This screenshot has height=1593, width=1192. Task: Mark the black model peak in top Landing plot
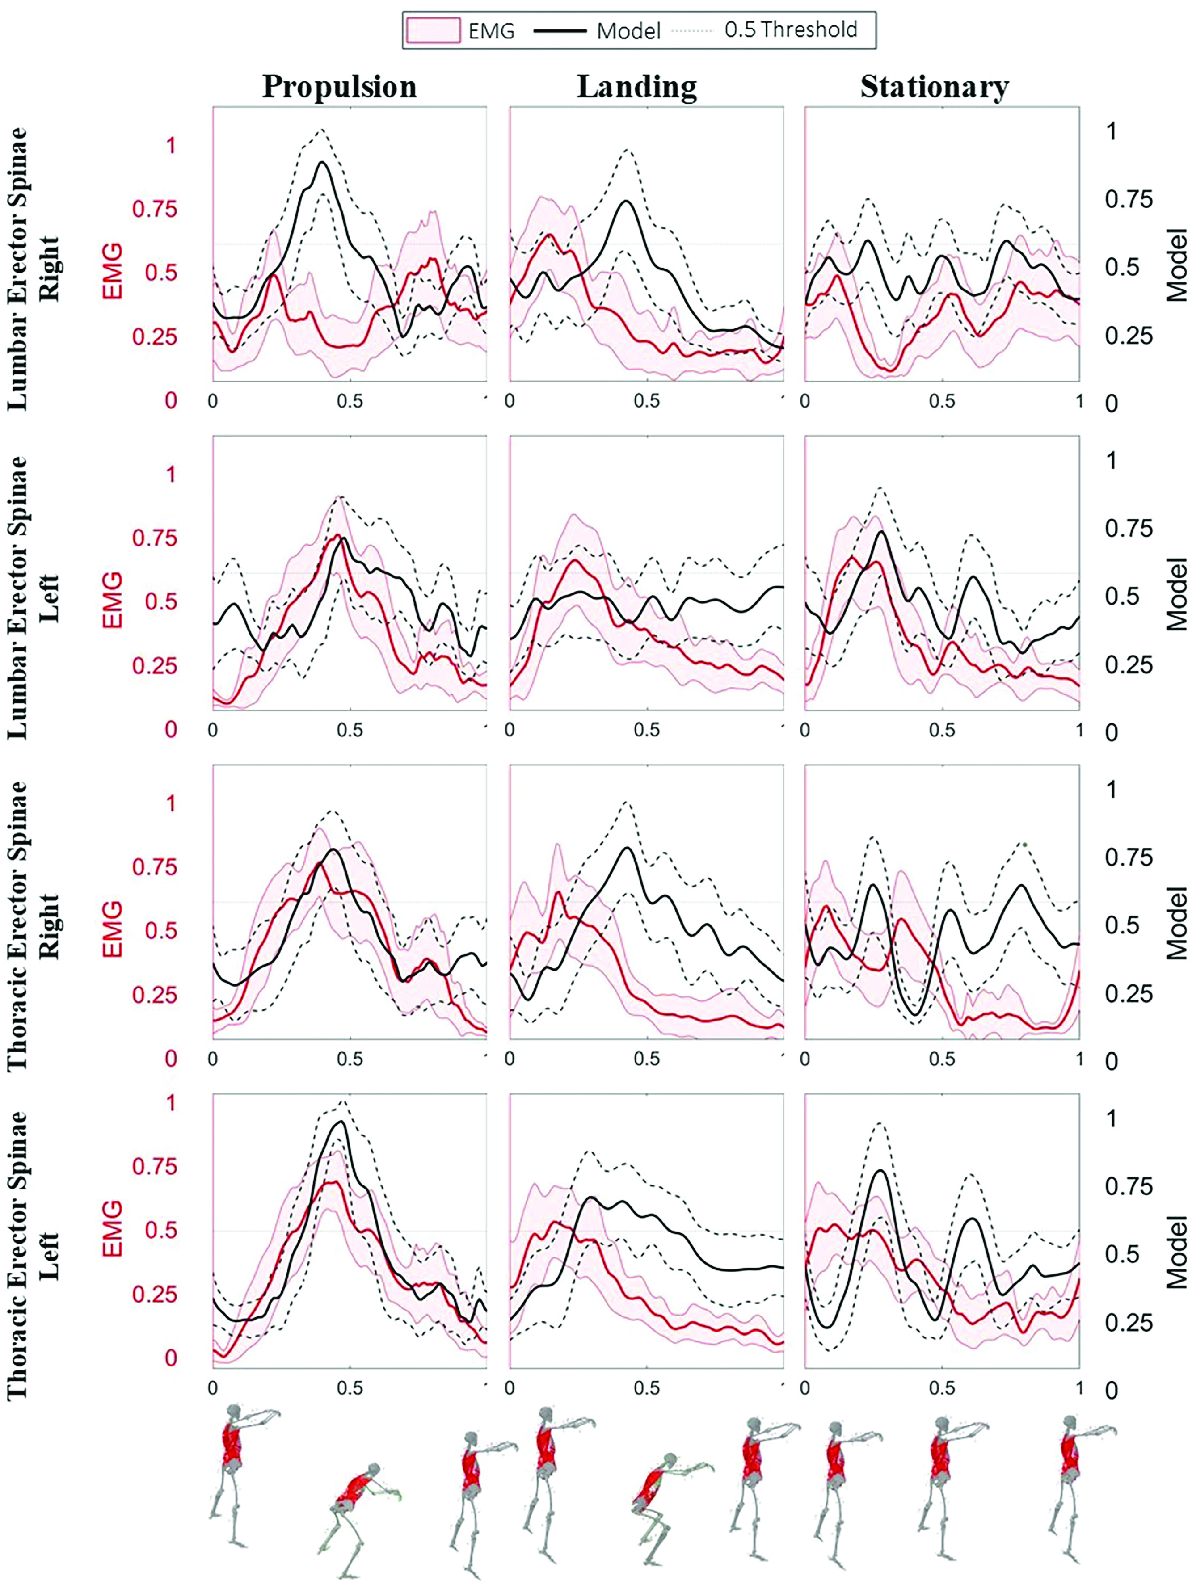click(626, 201)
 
